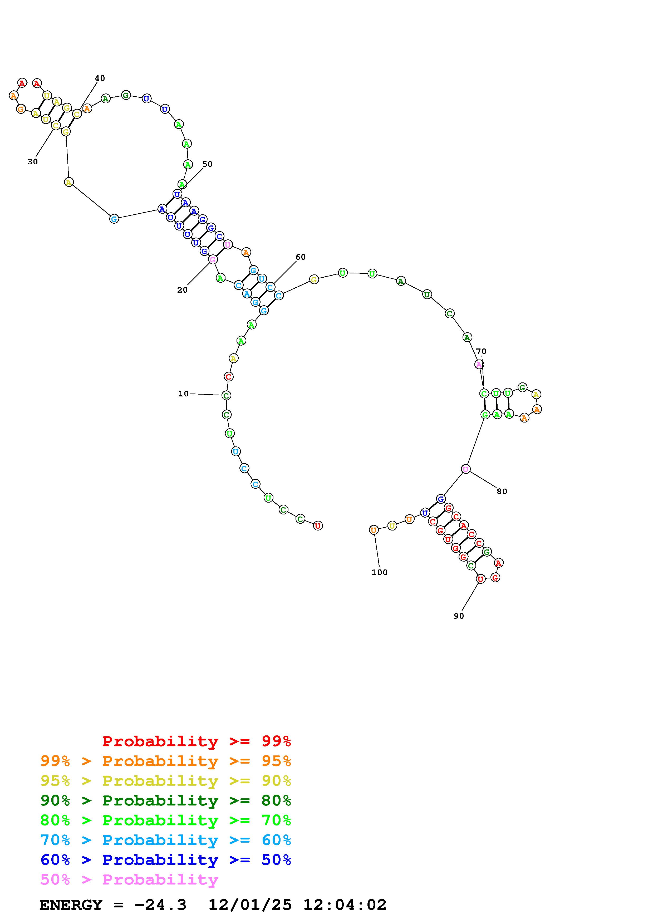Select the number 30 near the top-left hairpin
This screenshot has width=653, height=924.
click(x=33, y=162)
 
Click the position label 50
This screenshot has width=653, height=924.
click(x=207, y=164)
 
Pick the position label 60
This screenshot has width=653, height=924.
click(x=301, y=257)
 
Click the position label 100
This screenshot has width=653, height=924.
click(x=379, y=572)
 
